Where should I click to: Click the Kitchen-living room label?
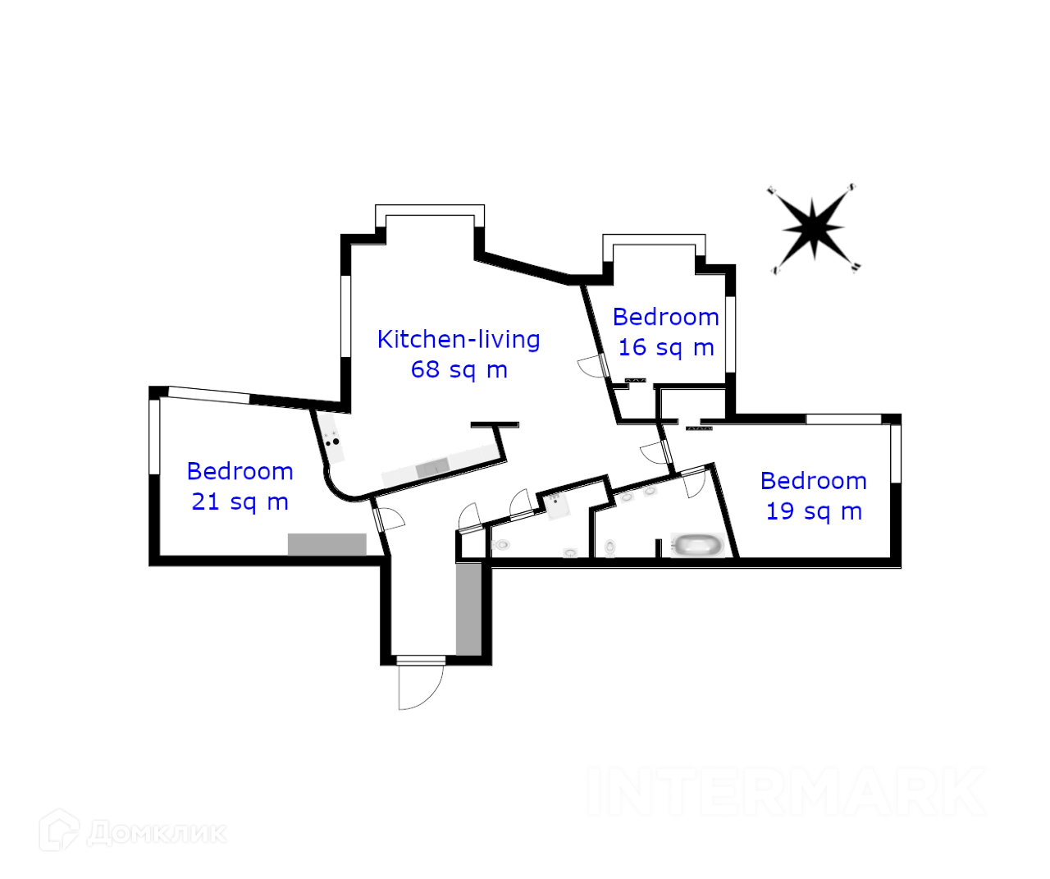point(459,339)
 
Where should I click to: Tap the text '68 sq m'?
point(459,369)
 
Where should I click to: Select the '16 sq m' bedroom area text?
point(665,347)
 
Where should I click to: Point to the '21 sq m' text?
point(240,501)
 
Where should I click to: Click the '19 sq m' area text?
point(814,511)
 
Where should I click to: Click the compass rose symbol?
point(813,228)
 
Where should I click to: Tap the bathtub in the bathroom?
point(697,544)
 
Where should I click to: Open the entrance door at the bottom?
point(419,683)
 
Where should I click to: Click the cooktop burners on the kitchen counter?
point(332,438)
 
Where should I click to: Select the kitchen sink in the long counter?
point(432,469)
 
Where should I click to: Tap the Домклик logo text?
point(156,832)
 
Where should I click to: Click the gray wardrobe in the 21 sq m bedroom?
point(326,544)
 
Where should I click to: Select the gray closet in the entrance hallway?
point(468,608)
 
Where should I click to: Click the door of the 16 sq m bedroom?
point(592,366)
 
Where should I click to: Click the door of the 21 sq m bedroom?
point(389,520)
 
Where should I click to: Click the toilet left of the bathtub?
point(610,547)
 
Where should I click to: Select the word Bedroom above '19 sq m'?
point(813,481)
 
